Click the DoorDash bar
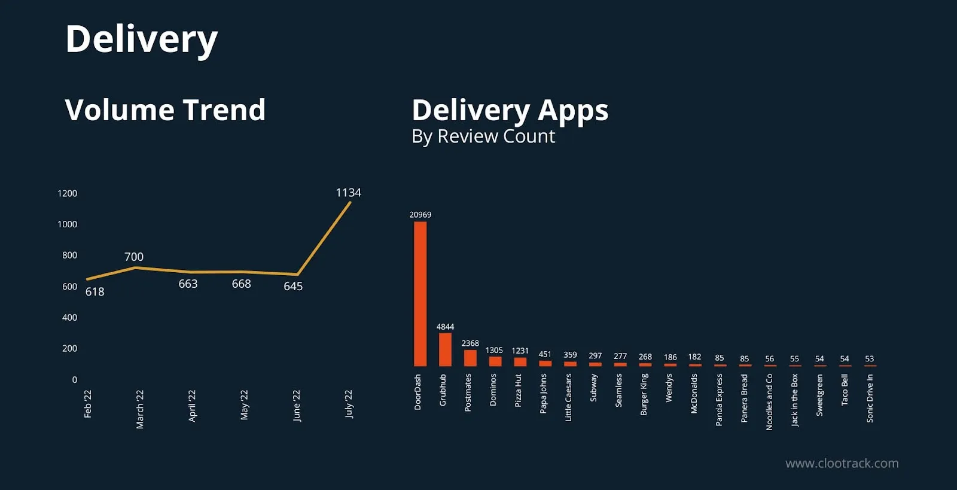(420, 294)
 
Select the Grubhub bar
(445, 349)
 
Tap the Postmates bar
(470, 358)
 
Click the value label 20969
(420, 215)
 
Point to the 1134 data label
(348, 193)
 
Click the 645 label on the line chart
(293, 287)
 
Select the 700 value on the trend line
(134, 257)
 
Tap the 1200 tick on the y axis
(68, 193)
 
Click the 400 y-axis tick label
(69, 318)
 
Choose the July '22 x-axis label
(349, 404)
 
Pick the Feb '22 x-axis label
(88, 404)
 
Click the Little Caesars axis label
(568, 397)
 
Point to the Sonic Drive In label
(870, 398)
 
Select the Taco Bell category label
(845, 389)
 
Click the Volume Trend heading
(165, 110)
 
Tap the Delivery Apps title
(510, 110)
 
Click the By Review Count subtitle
(483, 136)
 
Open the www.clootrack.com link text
(842, 463)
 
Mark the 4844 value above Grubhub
(445, 327)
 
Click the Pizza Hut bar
(520, 361)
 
